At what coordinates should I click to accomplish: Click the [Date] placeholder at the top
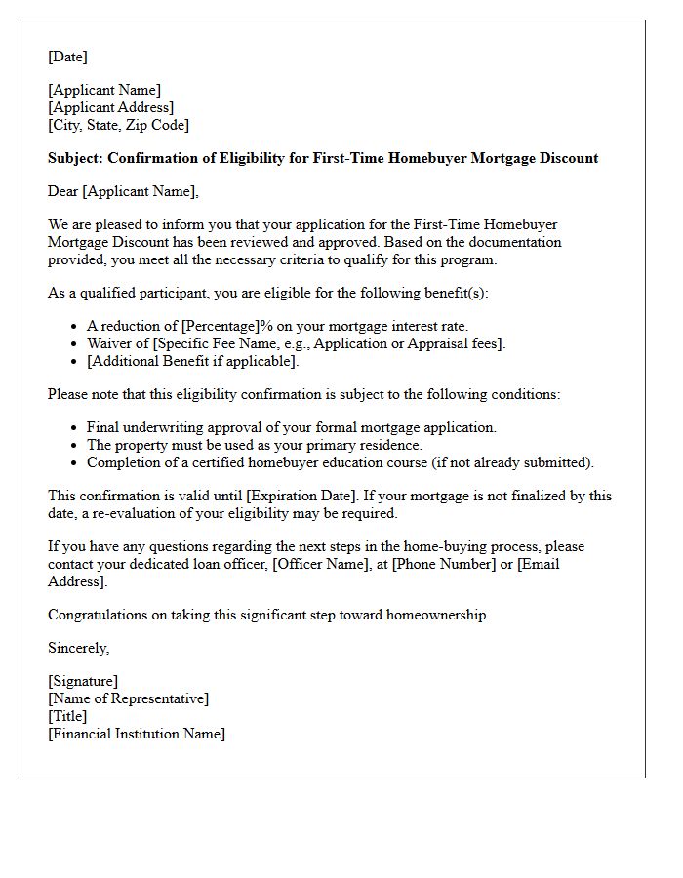click(67, 58)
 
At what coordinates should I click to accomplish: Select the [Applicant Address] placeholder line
click(111, 108)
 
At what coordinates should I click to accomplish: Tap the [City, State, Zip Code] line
click(118, 125)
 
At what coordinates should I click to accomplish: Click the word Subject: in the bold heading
click(75, 158)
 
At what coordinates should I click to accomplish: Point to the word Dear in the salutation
click(63, 191)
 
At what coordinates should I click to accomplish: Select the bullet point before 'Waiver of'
click(76, 343)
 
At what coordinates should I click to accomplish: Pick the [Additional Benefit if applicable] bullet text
click(192, 361)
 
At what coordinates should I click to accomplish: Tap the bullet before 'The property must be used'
click(76, 445)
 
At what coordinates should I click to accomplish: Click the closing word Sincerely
click(78, 648)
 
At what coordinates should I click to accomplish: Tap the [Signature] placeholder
click(83, 681)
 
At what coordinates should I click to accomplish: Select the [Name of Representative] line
click(128, 698)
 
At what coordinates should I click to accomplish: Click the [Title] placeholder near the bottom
click(67, 716)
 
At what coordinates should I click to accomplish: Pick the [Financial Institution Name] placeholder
click(136, 734)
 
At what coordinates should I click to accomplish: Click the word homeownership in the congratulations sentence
click(438, 615)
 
